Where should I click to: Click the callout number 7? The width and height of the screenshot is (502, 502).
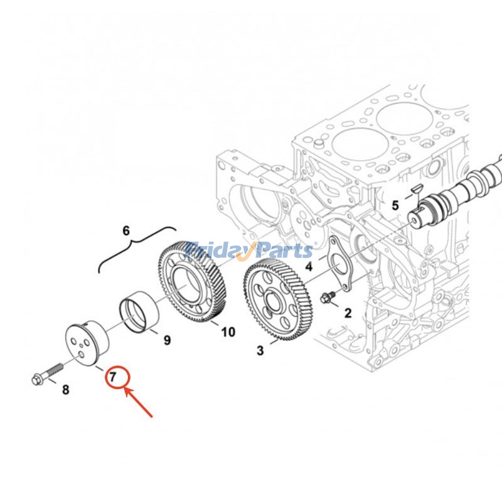click(113, 377)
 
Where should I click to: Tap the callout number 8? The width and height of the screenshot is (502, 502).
click(65, 390)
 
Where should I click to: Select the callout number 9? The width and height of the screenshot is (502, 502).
click(167, 340)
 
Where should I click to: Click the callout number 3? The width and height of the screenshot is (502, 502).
click(260, 350)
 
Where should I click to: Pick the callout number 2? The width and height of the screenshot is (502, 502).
click(348, 312)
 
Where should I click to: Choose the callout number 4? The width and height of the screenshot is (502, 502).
click(309, 267)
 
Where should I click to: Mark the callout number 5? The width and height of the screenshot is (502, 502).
click(395, 205)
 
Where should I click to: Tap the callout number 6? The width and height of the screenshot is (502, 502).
click(125, 231)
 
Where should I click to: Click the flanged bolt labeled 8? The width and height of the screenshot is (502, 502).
click(46, 375)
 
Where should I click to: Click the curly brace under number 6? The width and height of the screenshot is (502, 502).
click(135, 250)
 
